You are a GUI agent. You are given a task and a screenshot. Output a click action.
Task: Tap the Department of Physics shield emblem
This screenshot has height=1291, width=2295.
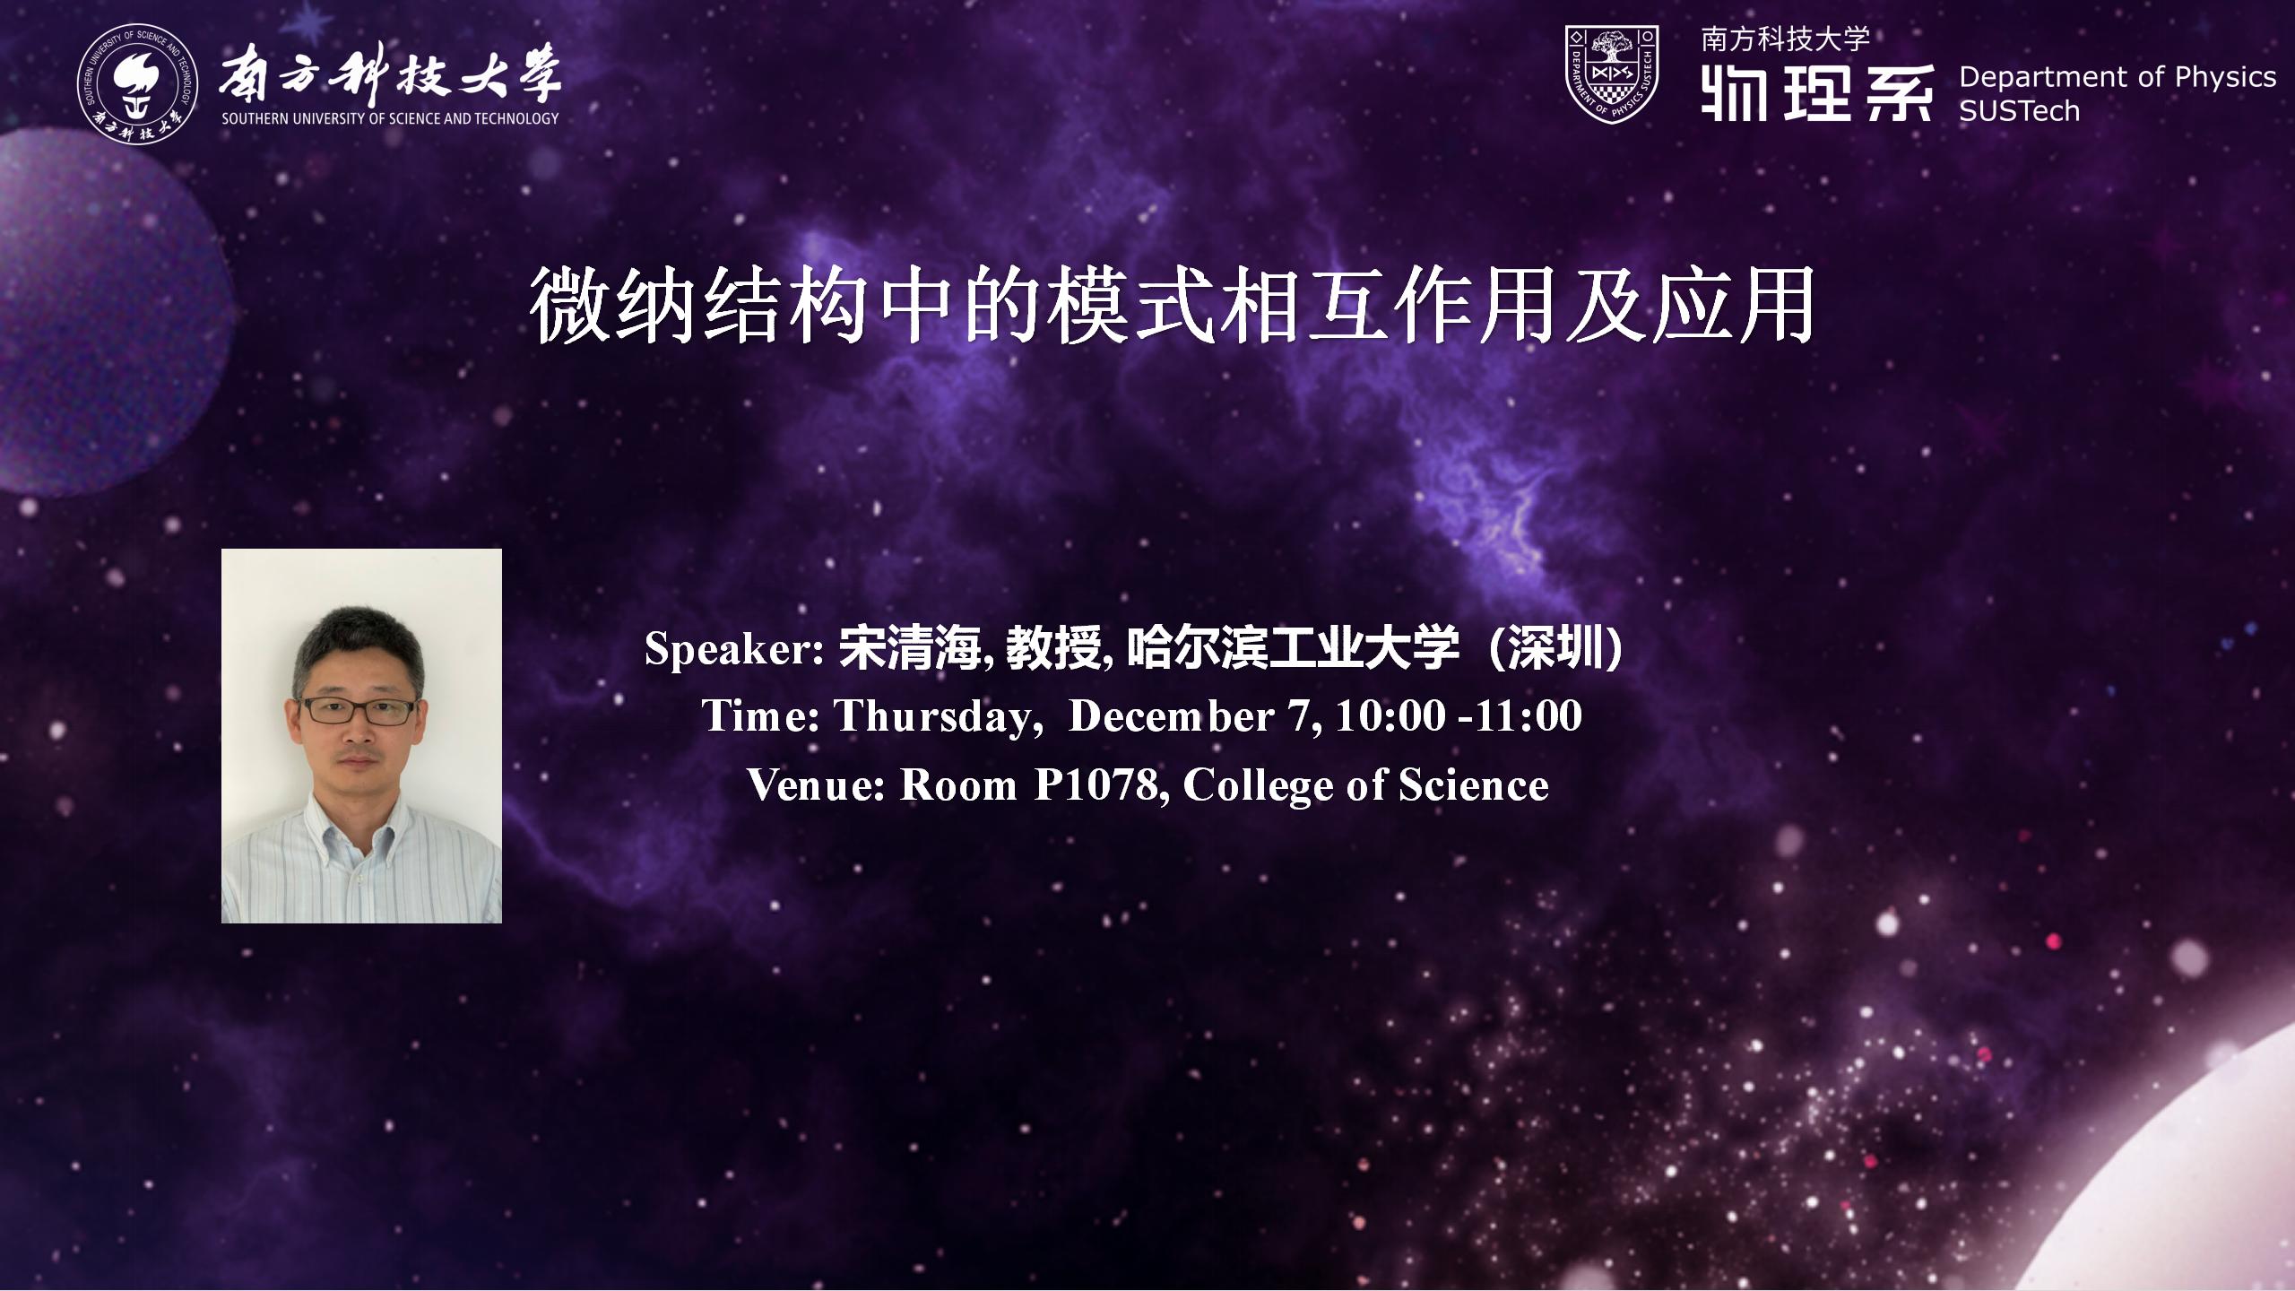[x=1612, y=74]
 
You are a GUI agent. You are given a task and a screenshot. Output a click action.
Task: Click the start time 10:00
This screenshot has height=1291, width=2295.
[x=1390, y=716]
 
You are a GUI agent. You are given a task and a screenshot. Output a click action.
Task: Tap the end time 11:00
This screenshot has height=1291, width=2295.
[x=1529, y=716]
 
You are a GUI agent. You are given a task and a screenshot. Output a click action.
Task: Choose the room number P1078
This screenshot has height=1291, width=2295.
[x=1096, y=786]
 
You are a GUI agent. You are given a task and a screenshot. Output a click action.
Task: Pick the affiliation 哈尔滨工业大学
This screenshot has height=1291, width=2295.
[x=1293, y=648]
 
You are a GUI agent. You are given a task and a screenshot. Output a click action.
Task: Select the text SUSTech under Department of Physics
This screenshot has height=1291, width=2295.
[x=2019, y=111]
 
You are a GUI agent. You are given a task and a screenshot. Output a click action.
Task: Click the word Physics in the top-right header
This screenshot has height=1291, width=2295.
[x=2226, y=78]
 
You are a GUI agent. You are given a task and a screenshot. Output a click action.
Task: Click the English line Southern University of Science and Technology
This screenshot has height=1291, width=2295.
[x=390, y=118]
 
